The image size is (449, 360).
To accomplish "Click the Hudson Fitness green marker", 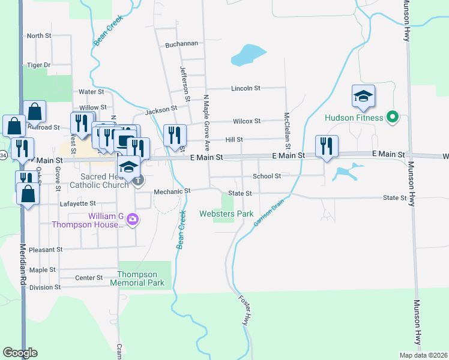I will click(393, 117).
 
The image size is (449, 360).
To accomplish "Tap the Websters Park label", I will click(226, 214).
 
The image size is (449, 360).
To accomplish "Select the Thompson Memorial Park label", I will click(141, 278).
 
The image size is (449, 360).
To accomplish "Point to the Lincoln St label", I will click(246, 88).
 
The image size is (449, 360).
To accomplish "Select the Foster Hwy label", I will click(245, 311).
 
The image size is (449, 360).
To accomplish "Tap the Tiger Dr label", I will click(39, 65).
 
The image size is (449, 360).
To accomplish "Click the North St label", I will click(39, 36).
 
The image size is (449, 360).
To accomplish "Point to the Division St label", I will click(46, 287).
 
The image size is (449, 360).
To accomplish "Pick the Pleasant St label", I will click(46, 249).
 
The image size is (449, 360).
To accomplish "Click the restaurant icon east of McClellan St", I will click(327, 146).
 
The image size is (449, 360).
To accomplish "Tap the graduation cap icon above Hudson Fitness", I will click(363, 97).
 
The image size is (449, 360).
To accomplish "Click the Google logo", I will click(20, 353).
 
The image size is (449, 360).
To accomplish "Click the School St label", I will click(267, 176).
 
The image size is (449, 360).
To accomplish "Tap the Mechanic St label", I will click(172, 191).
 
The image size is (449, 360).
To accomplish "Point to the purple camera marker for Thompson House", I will click(133, 220).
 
